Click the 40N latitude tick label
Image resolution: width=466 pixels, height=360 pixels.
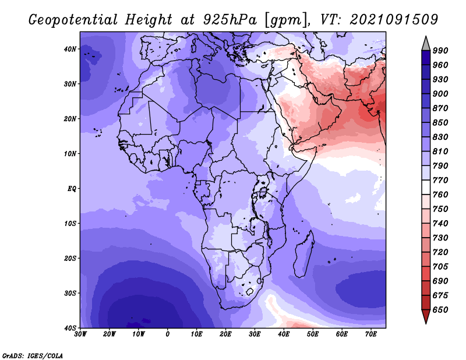pos(70,49)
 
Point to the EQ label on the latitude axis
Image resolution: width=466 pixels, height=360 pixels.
pos(72,189)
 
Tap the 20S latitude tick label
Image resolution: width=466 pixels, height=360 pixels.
pos(70,258)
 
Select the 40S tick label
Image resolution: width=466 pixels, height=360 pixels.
pos(70,328)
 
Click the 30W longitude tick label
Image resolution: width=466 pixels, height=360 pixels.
pos(80,334)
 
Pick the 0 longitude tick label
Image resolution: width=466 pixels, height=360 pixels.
pos(168,334)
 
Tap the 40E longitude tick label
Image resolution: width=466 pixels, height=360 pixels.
pos(284,334)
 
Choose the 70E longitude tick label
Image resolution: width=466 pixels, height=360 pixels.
pos(371,334)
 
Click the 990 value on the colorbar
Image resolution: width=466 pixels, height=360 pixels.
pos(440,51)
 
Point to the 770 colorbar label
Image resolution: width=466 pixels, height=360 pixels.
pos(440,180)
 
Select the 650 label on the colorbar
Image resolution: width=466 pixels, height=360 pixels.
pos(440,310)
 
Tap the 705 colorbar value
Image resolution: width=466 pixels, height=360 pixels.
pos(440,267)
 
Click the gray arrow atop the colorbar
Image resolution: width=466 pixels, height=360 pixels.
pos(426,45)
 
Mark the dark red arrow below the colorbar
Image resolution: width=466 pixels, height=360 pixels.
pos(426,316)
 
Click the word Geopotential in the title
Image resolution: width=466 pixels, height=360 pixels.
pos(73,20)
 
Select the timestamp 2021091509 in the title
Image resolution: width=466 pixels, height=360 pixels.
pos(394,20)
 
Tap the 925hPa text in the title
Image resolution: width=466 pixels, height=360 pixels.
pos(230,20)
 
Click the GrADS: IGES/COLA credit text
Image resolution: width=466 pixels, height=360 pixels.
pos(33,355)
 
